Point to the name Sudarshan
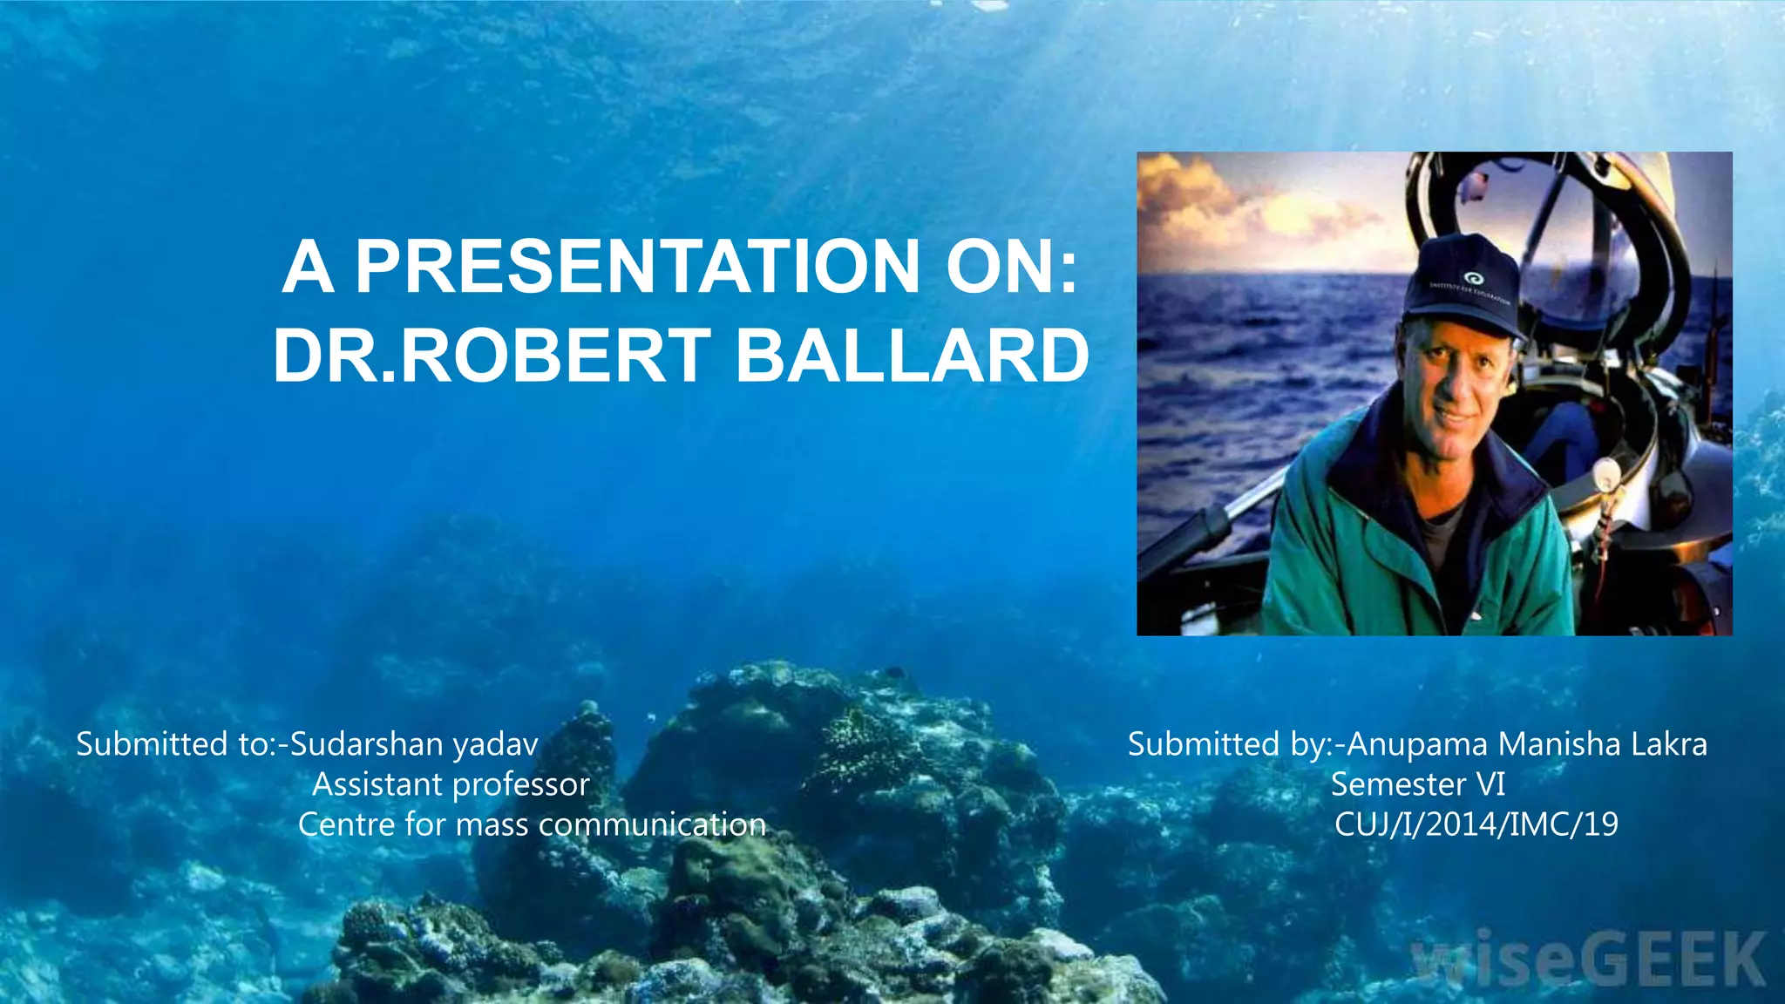[367, 744]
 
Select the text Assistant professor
[451, 784]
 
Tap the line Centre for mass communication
[532, 824]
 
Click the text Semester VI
[1418, 784]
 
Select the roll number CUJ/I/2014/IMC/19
[1476, 824]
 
